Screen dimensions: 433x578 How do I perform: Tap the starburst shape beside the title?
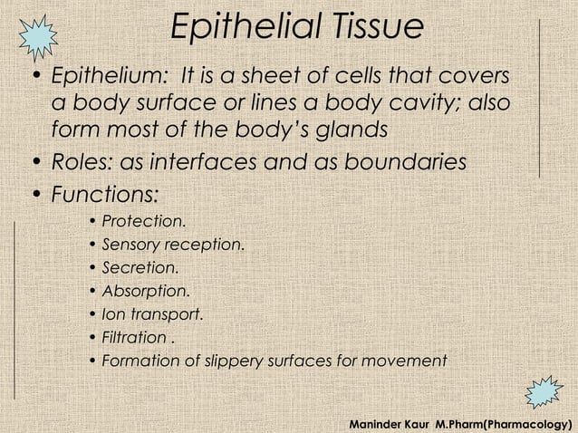[x=38, y=34]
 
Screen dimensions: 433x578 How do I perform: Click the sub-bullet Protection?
[x=145, y=221]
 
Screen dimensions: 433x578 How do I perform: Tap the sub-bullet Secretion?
[x=140, y=268]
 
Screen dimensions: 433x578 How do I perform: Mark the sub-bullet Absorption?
[x=146, y=292]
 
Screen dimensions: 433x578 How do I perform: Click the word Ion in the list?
[x=113, y=315]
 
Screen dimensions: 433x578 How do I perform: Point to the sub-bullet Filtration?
[x=136, y=338]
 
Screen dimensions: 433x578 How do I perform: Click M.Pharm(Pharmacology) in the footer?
[x=501, y=423]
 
